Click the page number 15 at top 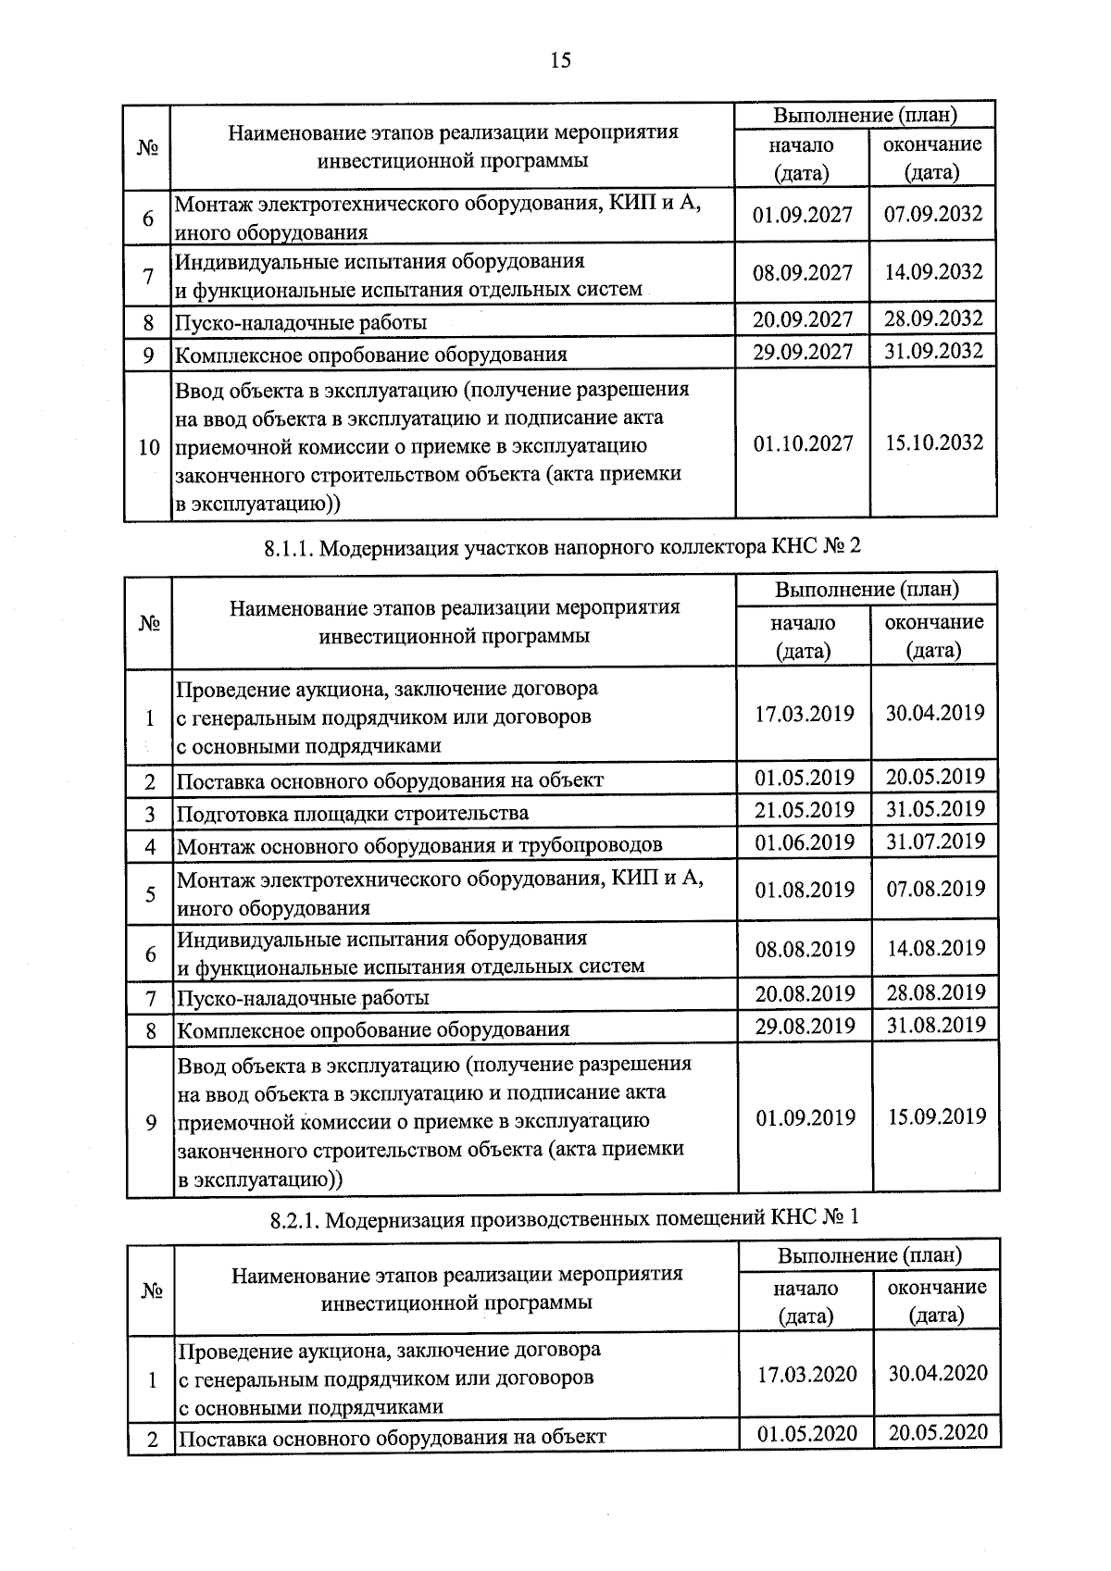560,61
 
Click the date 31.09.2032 933,352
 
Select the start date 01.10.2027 803,443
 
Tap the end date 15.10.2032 933,443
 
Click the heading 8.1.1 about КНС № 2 562,547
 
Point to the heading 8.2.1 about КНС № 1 564,1217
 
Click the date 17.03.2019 805,715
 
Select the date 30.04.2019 935,713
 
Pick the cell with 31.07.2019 935,842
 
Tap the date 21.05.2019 805,810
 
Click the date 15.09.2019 937,1116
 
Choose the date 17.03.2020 806,1375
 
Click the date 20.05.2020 938,1433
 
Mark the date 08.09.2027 803,273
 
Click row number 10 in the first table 148,448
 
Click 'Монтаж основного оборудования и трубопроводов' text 419,845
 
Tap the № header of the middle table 150,623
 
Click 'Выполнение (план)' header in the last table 869,1255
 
